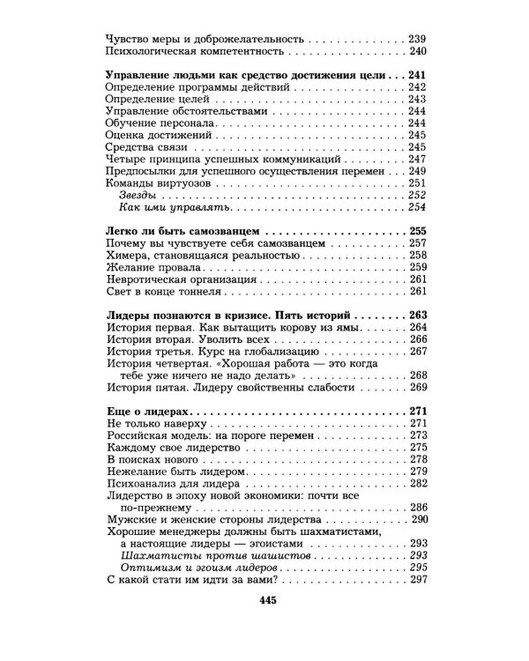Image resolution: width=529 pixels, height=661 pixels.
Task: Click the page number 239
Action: (417, 38)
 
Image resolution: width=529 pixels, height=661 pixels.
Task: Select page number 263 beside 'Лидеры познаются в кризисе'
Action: (417, 314)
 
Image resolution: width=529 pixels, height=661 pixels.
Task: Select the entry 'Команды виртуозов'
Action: (157, 206)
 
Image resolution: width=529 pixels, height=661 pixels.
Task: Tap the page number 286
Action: (417, 508)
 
